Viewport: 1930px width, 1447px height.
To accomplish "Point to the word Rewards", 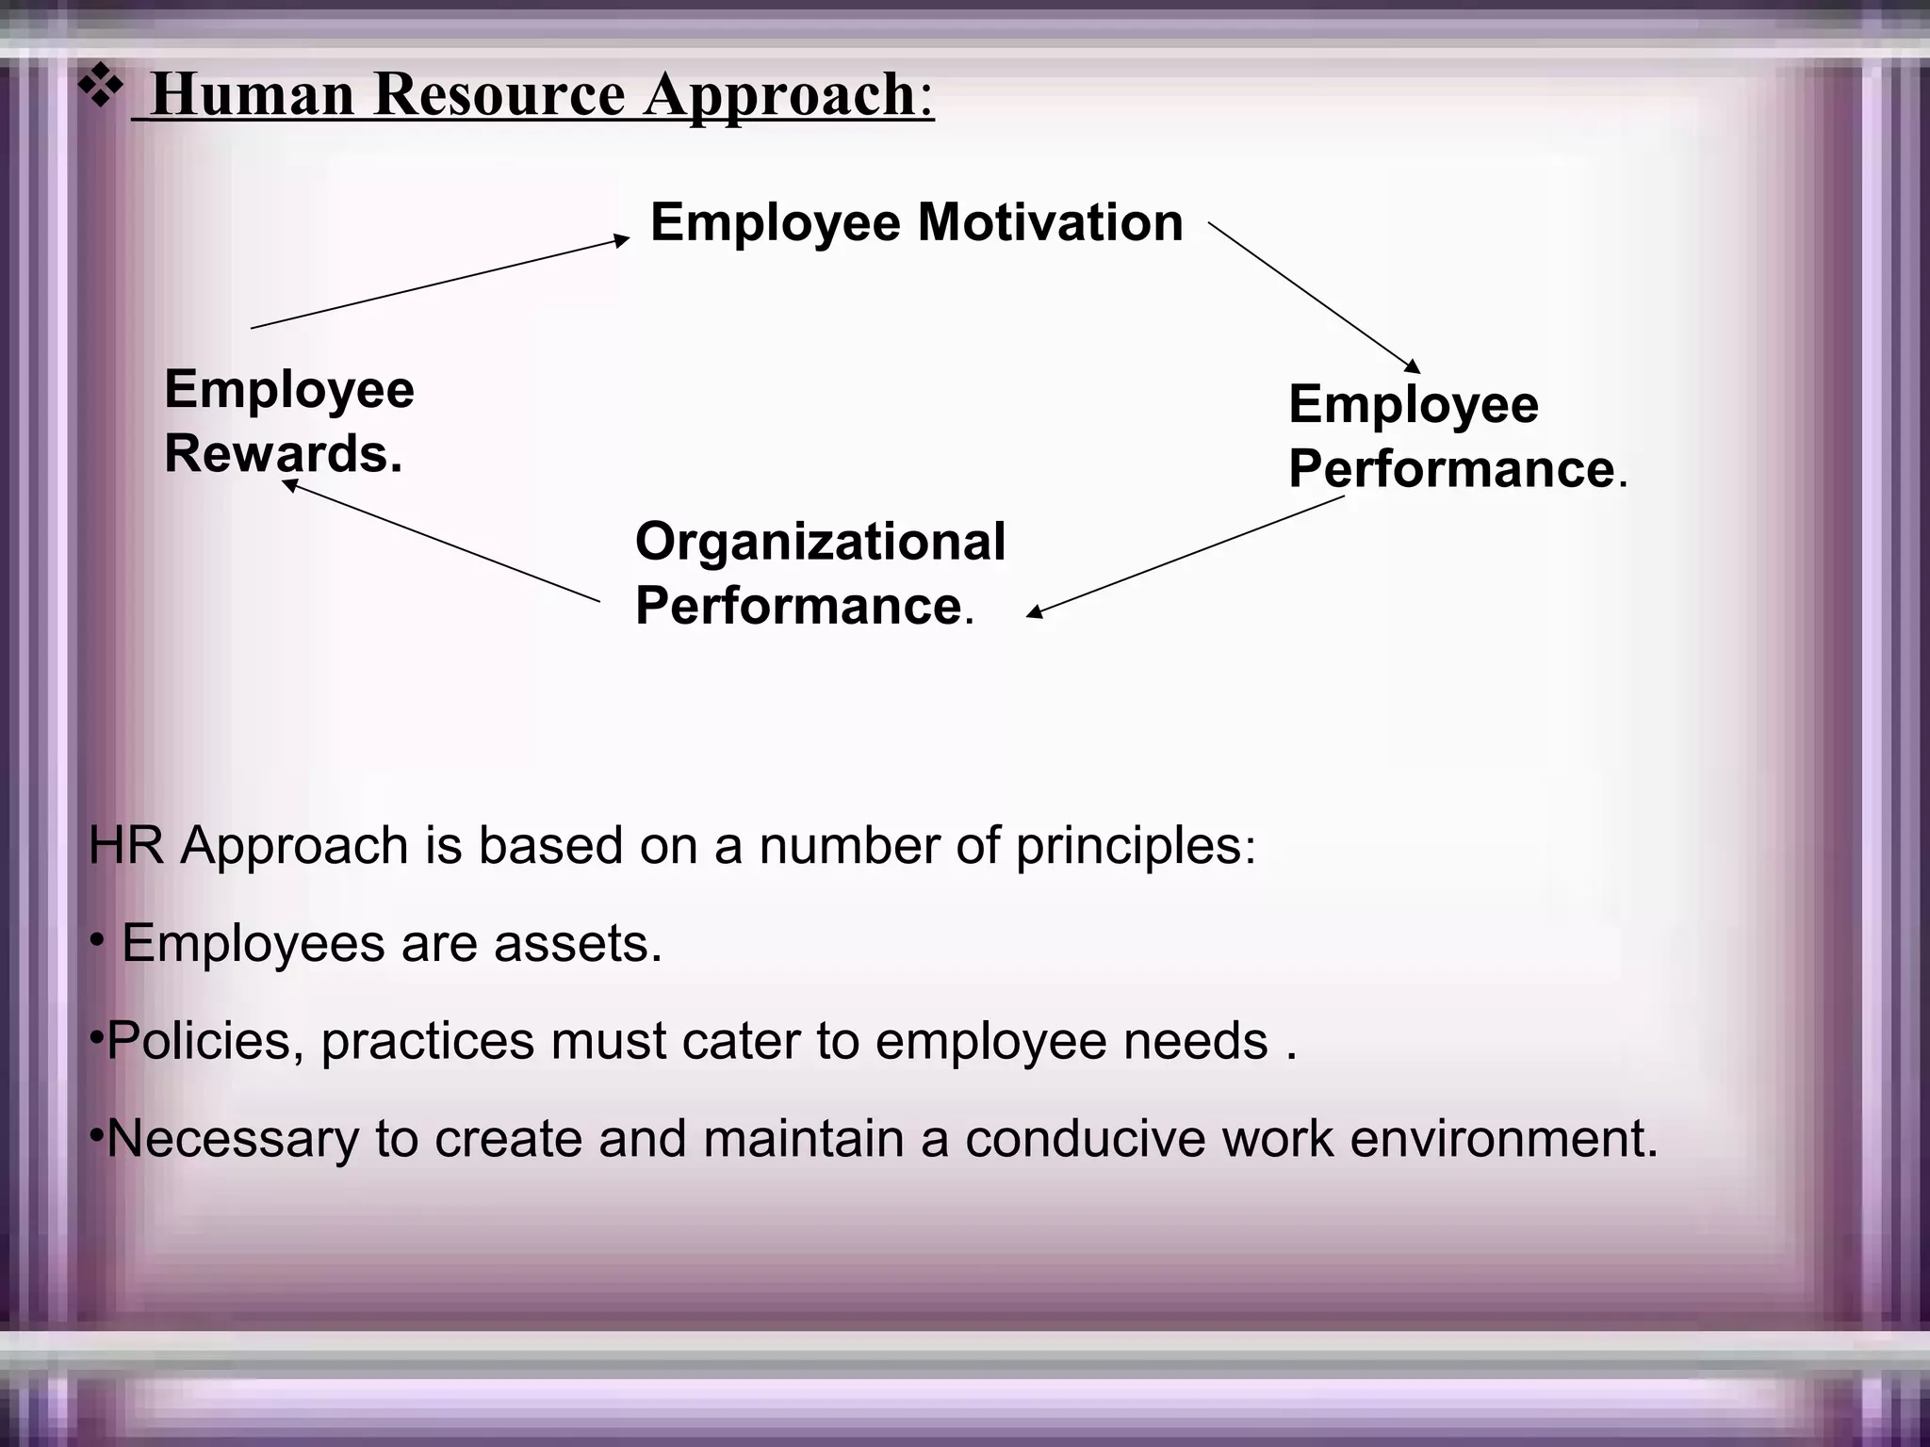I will [283, 453].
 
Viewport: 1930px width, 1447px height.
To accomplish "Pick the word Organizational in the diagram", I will [820, 542].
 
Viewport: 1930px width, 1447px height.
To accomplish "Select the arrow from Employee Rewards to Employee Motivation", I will [440, 283].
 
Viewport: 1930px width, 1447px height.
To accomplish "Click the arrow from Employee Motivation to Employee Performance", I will [1314, 298].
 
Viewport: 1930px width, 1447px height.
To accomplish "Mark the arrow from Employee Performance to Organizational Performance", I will [1186, 557].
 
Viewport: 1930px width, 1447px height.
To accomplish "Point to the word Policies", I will [199, 1041].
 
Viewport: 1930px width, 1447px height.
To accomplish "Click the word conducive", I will [1085, 1139].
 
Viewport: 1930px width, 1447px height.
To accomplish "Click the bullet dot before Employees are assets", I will [96, 941].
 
